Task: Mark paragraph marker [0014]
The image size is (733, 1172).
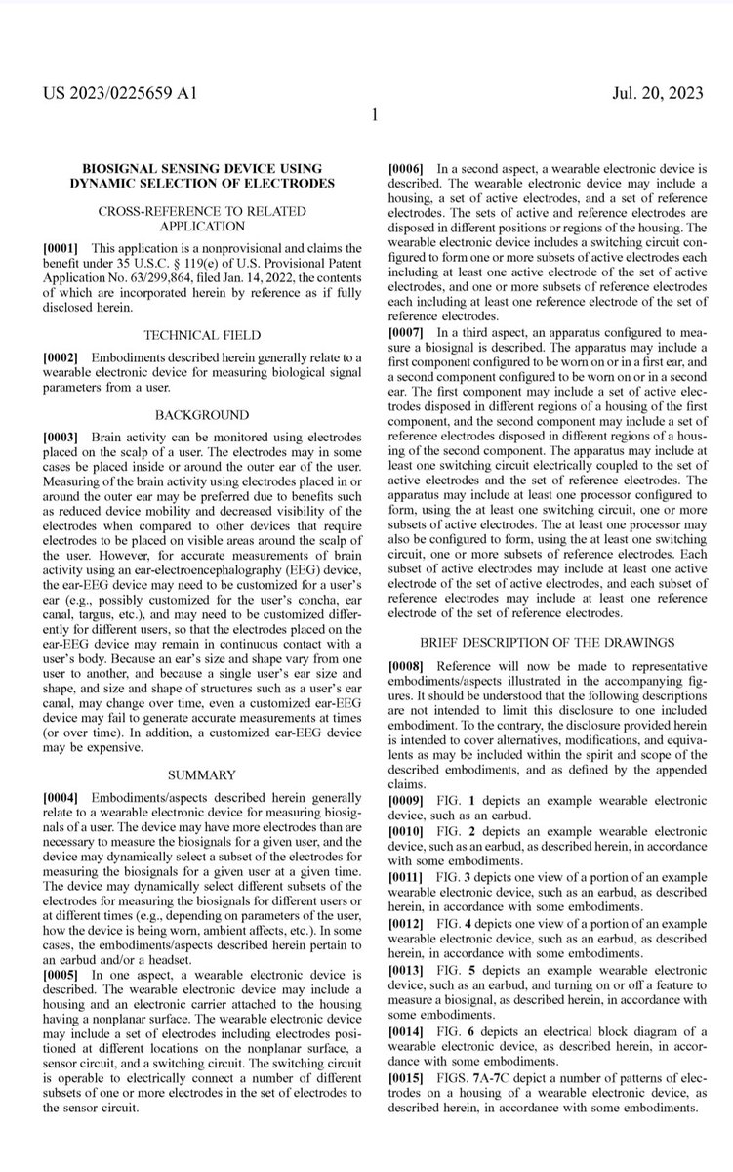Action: (406, 1034)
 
